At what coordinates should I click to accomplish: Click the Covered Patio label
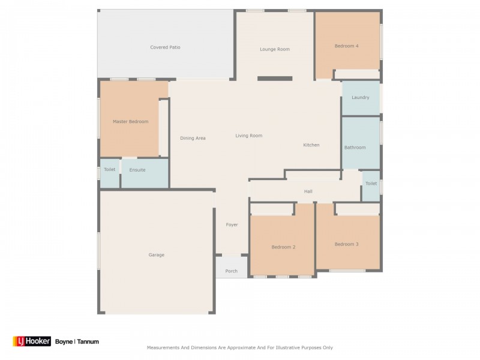tap(166, 47)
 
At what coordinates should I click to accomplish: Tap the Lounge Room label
tap(275, 49)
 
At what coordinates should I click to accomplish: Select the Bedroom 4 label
tap(347, 46)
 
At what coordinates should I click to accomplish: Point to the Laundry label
tap(361, 97)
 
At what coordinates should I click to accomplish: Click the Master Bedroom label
tap(130, 122)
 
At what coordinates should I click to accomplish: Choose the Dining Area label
tap(193, 138)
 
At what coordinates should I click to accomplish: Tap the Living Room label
tap(248, 136)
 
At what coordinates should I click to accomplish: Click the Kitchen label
tap(311, 145)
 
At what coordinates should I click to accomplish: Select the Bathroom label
tap(355, 147)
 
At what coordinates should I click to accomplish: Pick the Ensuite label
tap(137, 170)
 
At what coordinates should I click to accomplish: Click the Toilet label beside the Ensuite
tap(110, 169)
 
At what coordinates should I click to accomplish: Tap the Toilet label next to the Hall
tap(371, 184)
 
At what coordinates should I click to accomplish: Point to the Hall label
tap(308, 191)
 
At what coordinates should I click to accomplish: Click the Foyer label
tap(232, 224)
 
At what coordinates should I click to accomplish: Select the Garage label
tap(156, 254)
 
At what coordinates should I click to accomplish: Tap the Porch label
tap(231, 271)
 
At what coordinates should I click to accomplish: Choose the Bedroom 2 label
tap(283, 247)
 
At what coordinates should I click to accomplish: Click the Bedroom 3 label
tap(346, 244)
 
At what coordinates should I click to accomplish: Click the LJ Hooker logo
tap(32, 341)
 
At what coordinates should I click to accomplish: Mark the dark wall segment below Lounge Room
tap(275, 79)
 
